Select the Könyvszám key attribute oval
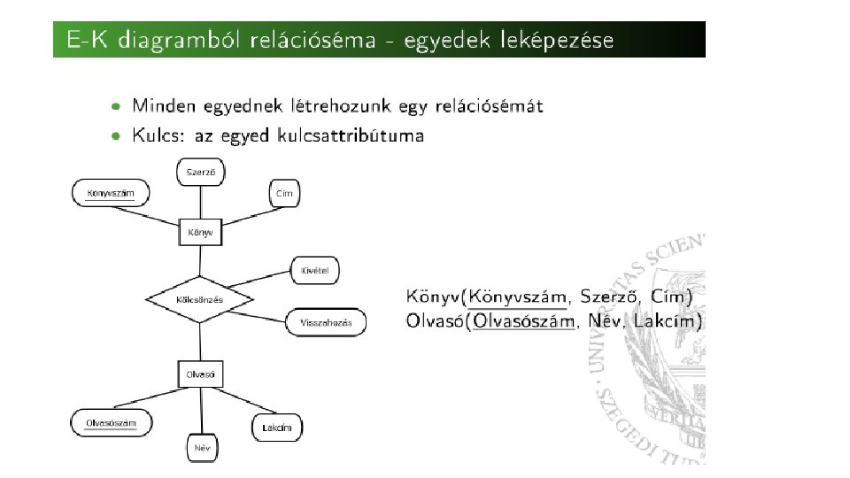pyautogui.click(x=111, y=193)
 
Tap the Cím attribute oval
pyautogui.click(x=283, y=193)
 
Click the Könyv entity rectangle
pyautogui.click(x=200, y=233)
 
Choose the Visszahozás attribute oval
pyautogui.click(x=325, y=322)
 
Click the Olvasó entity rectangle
pyautogui.click(x=200, y=374)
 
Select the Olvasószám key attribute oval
pyautogui.click(x=111, y=423)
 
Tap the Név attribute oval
pyautogui.click(x=202, y=447)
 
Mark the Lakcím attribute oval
pyautogui.click(x=277, y=428)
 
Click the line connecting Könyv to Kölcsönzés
pyautogui.click(x=200, y=262)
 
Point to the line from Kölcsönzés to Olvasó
pyautogui.click(x=200, y=341)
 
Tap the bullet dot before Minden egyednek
pyautogui.click(x=116, y=106)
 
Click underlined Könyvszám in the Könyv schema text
pyautogui.click(x=517, y=296)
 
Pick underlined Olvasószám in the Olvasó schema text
pyautogui.click(x=524, y=320)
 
